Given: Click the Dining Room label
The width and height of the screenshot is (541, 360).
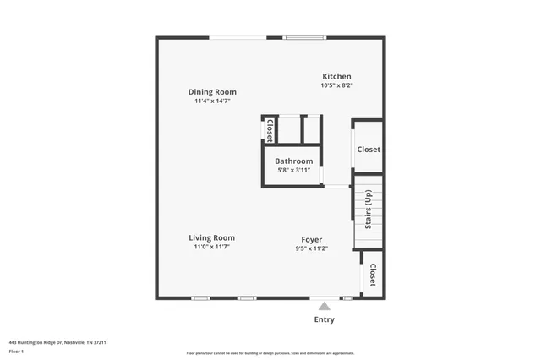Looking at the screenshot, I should pos(212,92).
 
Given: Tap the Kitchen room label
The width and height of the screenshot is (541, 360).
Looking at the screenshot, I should pos(336,76).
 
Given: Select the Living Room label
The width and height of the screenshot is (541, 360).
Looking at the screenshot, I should pos(211,238).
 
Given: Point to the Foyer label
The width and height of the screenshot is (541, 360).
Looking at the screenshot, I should pos(311,239).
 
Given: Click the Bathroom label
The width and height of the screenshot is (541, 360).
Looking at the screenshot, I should pos(293,161).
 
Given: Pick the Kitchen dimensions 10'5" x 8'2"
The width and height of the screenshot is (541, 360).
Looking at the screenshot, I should pos(336,85).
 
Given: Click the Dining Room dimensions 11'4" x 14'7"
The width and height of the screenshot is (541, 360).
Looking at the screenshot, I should pos(212,101).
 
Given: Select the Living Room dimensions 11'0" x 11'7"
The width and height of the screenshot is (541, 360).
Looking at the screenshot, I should pos(211,248).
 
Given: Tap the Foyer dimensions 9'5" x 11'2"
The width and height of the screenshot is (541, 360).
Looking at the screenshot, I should pos(311,248).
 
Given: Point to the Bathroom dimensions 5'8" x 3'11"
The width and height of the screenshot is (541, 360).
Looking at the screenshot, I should pos(294,171).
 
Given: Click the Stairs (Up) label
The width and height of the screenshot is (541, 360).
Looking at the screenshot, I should pos(369,210).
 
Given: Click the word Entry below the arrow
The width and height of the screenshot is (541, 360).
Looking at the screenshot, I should pos(324,319).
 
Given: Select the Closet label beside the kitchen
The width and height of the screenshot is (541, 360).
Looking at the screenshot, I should pos(369,150).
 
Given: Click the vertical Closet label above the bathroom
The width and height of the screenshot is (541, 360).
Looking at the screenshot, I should pos(270,130).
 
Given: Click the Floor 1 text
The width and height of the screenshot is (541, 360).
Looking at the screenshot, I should pos(16,351).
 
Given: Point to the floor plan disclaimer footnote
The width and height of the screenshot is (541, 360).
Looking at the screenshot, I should pos(270,353).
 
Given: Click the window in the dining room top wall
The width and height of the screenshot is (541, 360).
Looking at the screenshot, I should pos(238,37).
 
